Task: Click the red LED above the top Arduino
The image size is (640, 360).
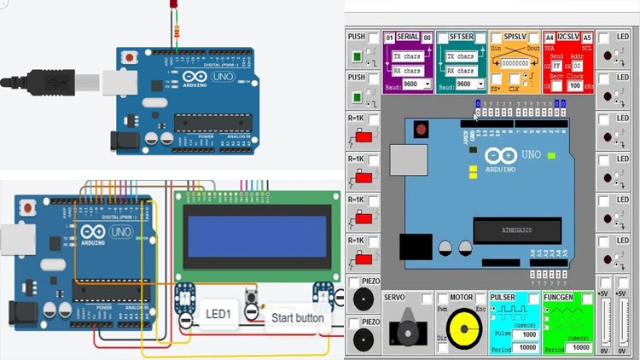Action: [169, 9]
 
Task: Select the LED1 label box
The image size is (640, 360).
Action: [218, 315]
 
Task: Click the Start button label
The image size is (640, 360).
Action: [296, 318]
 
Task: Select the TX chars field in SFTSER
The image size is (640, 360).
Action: [462, 56]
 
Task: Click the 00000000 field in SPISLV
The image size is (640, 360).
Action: [515, 63]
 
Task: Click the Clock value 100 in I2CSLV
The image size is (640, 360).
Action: [576, 85]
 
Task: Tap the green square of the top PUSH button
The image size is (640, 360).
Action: [357, 58]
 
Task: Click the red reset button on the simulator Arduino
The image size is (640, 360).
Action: [420, 131]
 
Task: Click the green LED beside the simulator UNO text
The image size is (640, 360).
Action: [550, 155]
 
